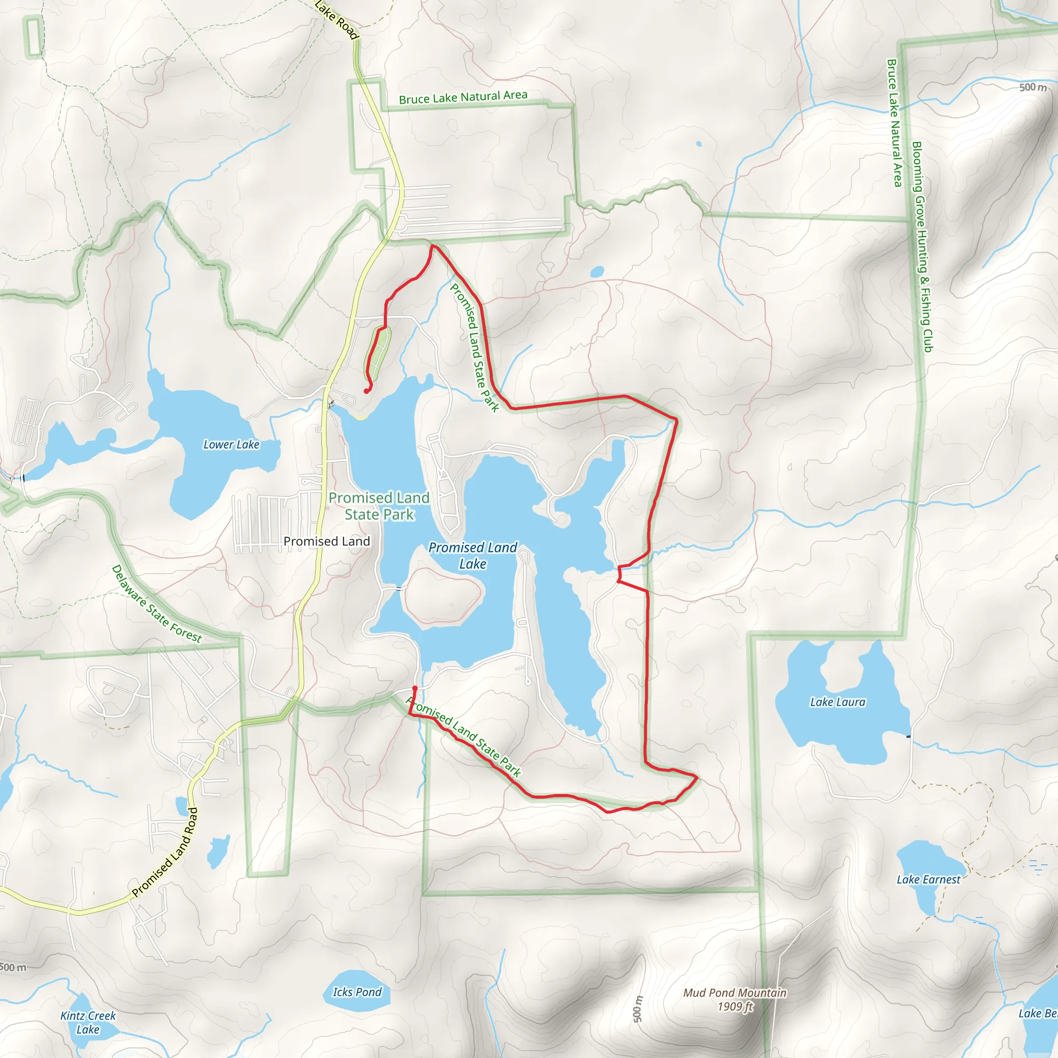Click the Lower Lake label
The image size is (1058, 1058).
click(x=231, y=445)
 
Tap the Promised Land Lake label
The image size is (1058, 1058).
click(x=473, y=555)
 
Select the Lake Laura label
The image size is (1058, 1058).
click(x=838, y=702)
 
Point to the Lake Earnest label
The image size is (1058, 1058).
click(x=928, y=879)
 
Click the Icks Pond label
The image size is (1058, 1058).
click(x=357, y=992)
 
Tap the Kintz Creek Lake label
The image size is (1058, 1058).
click(x=88, y=1022)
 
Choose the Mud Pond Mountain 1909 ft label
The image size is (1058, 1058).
click(x=735, y=1000)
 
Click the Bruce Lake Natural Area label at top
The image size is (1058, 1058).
click(x=463, y=98)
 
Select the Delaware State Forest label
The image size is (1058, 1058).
click(x=157, y=604)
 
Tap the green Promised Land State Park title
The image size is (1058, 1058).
click(x=379, y=506)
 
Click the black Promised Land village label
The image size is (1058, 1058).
click(x=326, y=541)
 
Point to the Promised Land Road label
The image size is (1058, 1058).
click(x=165, y=852)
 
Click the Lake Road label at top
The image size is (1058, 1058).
click(x=337, y=19)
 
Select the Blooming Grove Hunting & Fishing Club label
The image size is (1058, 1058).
click(x=922, y=246)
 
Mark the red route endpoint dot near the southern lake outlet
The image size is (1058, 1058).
click(x=414, y=688)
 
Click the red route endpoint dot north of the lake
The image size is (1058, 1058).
click(x=366, y=391)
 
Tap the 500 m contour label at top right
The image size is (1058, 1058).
click(x=1032, y=88)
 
